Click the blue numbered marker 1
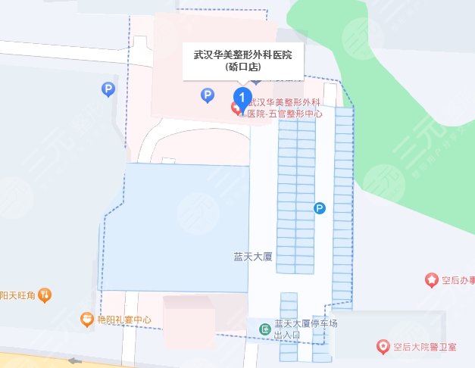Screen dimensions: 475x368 click(x=242, y=96)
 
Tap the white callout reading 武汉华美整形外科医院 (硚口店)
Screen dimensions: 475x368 click(x=243, y=60)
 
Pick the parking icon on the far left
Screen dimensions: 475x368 click(x=108, y=90)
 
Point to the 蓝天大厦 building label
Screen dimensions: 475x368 click(x=253, y=257)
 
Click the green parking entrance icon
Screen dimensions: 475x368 click(x=265, y=329)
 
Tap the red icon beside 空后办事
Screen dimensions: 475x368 click(x=432, y=281)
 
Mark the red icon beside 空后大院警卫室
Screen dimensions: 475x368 click(x=384, y=348)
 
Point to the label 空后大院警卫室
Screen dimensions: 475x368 click(x=425, y=348)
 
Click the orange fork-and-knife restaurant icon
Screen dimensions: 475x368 click(x=45, y=294)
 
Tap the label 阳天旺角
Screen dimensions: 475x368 click(x=18, y=294)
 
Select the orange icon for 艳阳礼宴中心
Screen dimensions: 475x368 click(x=86, y=320)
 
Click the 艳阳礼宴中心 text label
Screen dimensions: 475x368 click(x=124, y=320)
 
